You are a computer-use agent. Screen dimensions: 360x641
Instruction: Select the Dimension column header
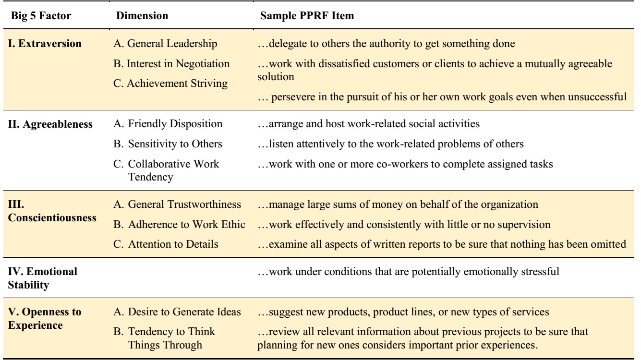(x=142, y=15)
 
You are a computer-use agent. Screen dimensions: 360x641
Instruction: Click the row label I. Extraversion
(x=45, y=44)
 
